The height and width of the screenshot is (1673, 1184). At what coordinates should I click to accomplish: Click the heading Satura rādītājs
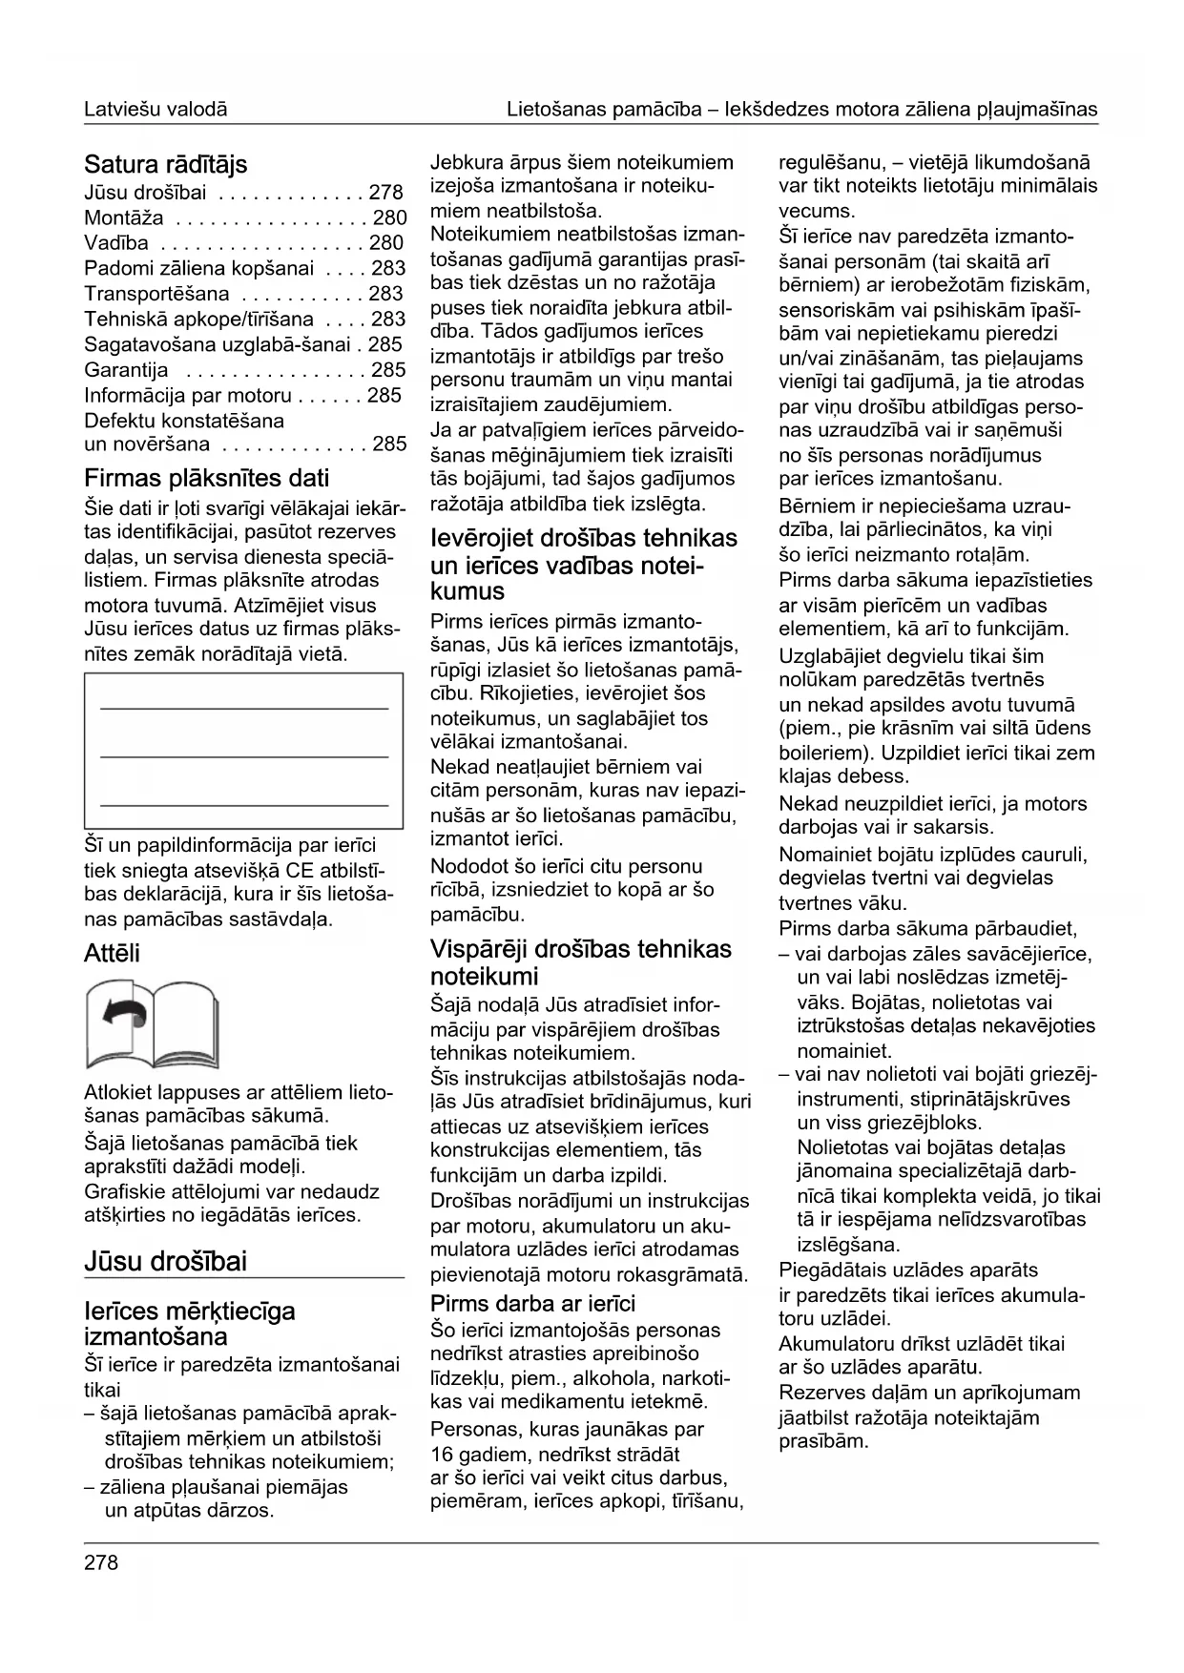pos(165,164)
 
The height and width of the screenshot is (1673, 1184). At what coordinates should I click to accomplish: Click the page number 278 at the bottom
pos(101,1562)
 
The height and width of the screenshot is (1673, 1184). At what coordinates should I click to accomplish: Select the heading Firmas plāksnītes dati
pos(206,477)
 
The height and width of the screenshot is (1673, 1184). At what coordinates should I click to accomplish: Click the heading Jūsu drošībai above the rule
pos(165,1261)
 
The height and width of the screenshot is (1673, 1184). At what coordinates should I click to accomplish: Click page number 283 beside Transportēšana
pos(386,294)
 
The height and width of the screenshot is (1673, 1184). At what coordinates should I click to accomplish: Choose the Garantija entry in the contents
pos(126,370)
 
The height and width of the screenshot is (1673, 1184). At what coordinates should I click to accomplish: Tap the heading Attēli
pos(112,953)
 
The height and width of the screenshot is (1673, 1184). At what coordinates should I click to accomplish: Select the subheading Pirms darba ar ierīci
pos(532,1304)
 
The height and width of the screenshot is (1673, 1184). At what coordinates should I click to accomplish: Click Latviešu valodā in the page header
pos(156,110)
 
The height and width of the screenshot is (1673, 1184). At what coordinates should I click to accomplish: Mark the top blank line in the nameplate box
pos(244,708)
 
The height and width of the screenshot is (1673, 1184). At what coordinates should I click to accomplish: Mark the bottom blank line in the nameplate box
pos(244,805)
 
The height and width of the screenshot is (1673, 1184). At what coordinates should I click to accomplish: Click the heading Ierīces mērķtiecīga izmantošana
pos(190,1323)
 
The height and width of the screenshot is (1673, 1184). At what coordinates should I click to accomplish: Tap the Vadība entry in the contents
pos(116,243)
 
